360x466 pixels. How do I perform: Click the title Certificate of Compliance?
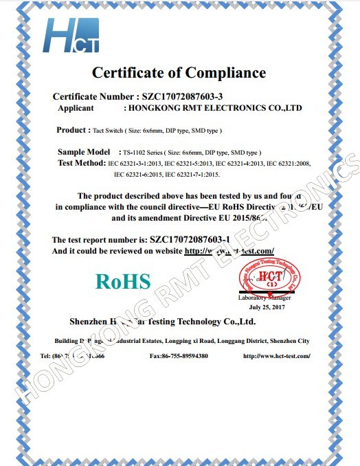179,72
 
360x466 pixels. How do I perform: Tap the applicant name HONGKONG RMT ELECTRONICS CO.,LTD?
212,109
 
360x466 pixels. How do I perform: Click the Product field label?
71,130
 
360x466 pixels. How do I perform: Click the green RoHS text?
123,280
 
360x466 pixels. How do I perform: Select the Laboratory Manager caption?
264,298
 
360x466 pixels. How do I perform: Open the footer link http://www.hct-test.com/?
276,356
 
